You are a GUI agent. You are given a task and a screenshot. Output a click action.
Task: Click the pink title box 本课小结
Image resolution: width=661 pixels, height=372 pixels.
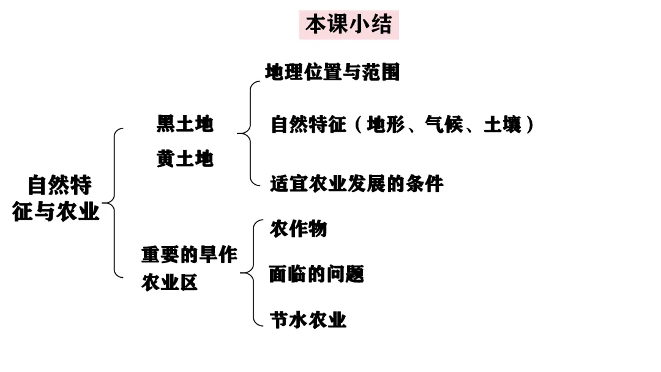[x=348, y=25]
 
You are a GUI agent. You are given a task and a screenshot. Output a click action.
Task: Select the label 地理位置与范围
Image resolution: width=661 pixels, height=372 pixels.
[x=332, y=72]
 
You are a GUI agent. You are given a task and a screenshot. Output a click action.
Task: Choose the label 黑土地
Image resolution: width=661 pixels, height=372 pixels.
[x=185, y=124]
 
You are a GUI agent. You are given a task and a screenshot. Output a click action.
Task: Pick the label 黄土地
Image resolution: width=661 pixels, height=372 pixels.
[x=185, y=159]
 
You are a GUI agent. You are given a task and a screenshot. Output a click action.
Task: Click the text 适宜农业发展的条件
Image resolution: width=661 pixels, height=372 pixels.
[x=357, y=184]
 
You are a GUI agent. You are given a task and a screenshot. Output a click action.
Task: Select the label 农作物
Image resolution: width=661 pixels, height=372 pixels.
[x=299, y=229]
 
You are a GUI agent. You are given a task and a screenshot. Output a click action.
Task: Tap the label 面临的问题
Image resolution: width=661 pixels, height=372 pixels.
[x=316, y=274]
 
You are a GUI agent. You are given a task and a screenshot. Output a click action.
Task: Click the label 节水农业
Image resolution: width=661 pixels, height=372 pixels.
[x=308, y=319]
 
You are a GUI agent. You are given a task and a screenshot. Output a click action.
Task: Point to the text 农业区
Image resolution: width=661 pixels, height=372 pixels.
[x=170, y=283]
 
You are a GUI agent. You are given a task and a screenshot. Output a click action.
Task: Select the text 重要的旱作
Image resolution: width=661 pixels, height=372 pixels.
[x=189, y=255]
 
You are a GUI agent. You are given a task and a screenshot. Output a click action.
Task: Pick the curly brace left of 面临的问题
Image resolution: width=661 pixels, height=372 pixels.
[x=253, y=273]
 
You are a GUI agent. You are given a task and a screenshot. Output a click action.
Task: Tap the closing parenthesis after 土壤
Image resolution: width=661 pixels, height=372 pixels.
[x=530, y=125]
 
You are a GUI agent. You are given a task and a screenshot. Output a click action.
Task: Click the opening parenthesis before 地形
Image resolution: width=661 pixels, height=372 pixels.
[x=359, y=125]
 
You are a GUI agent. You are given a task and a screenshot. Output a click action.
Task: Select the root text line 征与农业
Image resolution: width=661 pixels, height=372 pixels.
[x=56, y=212]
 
